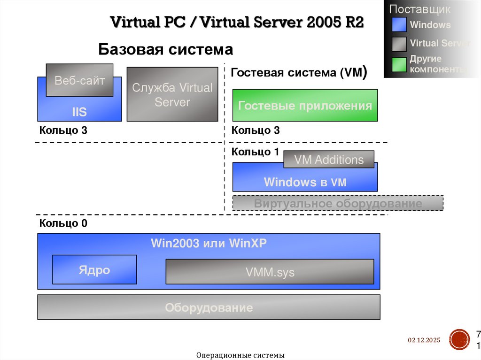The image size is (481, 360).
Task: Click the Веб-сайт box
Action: click(x=79, y=80)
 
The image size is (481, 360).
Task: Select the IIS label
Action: click(x=79, y=112)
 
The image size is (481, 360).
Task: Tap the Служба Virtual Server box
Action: click(x=172, y=94)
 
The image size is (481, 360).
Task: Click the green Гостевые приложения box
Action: click(x=305, y=106)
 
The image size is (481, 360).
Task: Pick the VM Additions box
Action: click(x=329, y=160)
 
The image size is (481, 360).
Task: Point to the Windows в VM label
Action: click(x=305, y=182)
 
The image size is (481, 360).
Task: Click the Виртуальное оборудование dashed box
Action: click(x=338, y=203)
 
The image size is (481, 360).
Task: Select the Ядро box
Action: click(x=94, y=270)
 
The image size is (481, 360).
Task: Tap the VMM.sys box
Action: click(x=270, y=272)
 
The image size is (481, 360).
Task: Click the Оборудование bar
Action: click(x=209, y=308)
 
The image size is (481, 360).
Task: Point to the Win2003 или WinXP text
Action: click(x=209, y=243)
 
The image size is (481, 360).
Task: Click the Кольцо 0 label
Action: click(x=63, y=223)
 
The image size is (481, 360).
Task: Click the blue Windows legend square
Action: click(x=399, y=25)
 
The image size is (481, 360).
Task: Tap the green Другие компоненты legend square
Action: click(x=399, y=64)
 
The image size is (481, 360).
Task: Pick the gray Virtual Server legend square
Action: click(x=399, y=44)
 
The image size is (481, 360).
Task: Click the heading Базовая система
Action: click(x=165, y=49)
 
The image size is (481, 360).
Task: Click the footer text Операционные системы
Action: click(x=240, y=355)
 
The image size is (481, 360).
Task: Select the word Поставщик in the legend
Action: click(x=419, y=9)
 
